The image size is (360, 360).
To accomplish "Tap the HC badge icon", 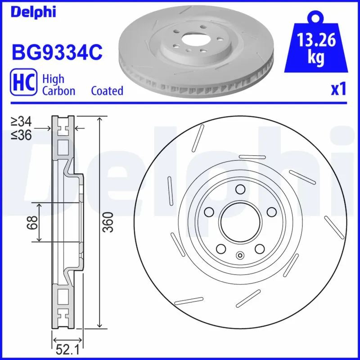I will coord(23,84).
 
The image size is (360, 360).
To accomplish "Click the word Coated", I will coord(107,90).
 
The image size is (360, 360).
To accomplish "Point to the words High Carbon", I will coord(58,85).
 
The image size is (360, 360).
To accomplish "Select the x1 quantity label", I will coord(338,90).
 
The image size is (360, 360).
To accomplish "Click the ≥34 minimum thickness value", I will coord(22,121).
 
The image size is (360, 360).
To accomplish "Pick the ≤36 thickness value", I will coord(22,135).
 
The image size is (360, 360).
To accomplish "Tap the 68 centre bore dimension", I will coord(32,222).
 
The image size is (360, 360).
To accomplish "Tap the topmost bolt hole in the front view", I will coord(240,189).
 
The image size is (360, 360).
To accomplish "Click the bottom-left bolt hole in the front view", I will coord(220,249).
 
